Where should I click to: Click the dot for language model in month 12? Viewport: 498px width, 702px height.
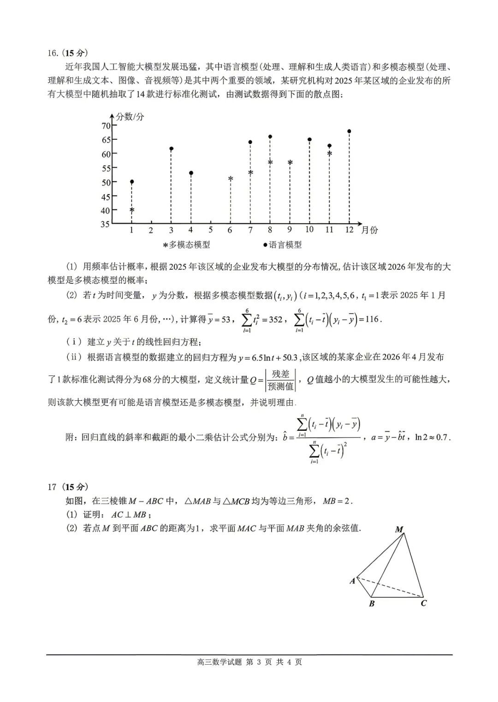coord(349,131)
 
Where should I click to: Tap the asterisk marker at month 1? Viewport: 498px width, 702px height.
coord(132,210)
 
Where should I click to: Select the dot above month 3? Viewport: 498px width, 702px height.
coord(171,149)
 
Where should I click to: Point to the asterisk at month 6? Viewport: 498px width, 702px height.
coord(231,178)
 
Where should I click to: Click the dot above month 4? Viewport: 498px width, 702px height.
coord(191,173)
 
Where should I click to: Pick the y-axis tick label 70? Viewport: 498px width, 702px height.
coord(106,126)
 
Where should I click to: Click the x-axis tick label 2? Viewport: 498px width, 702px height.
coord(151,230)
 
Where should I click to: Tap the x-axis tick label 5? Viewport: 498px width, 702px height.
coord(210,230)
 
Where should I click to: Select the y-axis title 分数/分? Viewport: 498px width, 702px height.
coord(130,117)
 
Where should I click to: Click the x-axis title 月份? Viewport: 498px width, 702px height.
coord(370,230)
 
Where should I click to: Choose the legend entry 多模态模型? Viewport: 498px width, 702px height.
coord(187,245)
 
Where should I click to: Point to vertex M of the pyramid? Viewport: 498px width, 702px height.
coord(399,529)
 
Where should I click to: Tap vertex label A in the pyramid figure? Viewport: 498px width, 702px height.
coord(353,581)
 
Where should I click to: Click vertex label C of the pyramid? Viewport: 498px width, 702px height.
coord(424,603)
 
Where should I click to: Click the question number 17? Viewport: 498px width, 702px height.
coord(52,487)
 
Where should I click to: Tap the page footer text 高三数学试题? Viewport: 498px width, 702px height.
coord(219,662)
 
